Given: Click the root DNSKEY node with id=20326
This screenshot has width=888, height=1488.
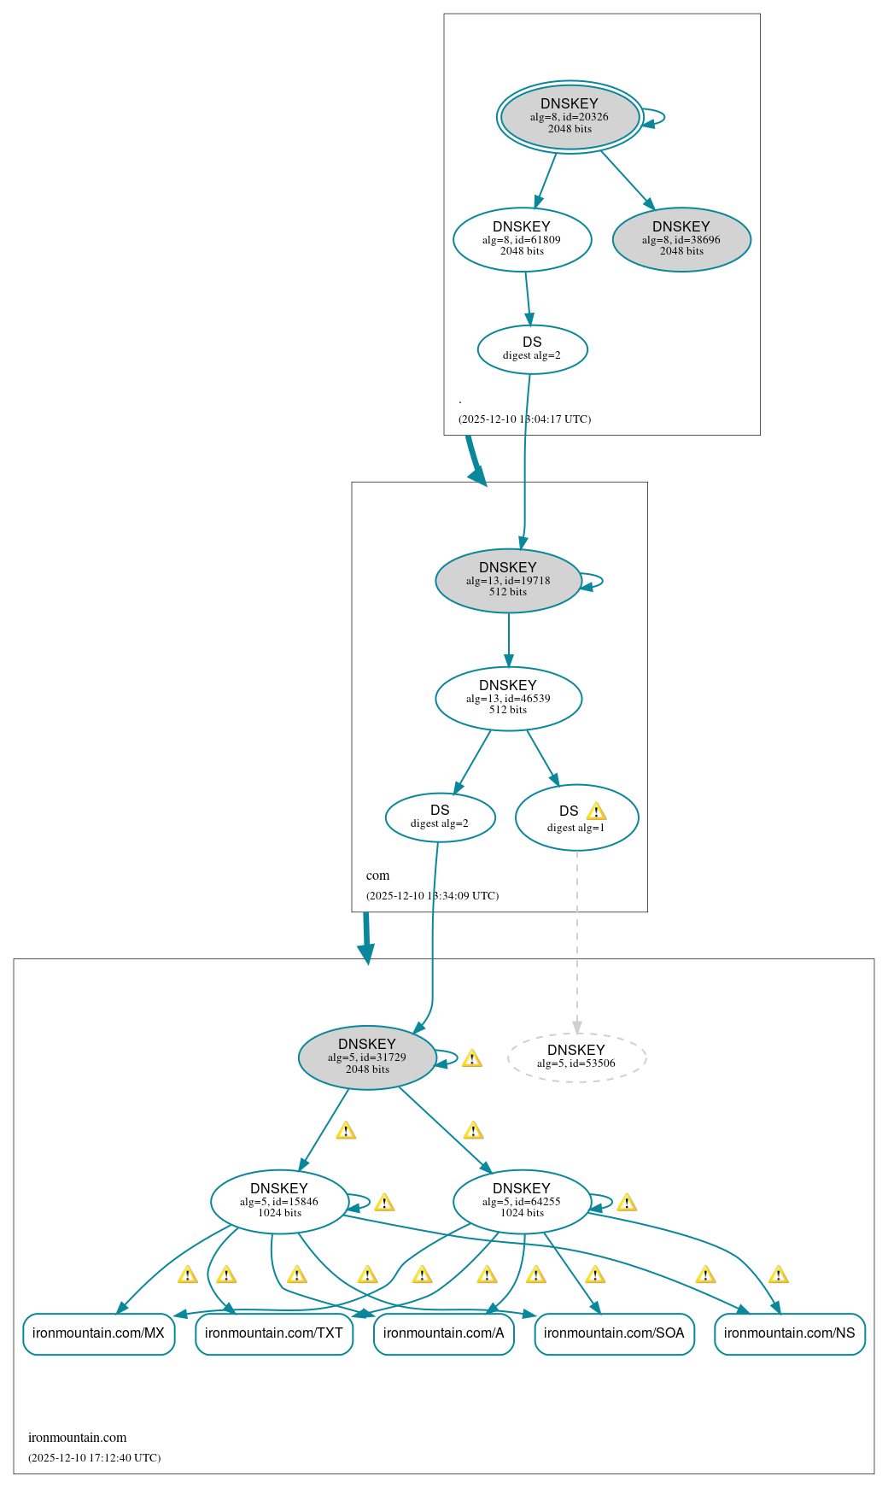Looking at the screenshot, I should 570,117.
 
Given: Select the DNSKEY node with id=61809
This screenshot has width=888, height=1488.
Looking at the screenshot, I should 522,239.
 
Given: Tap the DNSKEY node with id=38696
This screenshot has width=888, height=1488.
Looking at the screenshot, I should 681,239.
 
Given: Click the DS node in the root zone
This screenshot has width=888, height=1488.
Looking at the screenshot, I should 532,349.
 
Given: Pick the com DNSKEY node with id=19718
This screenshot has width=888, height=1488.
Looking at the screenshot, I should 508,580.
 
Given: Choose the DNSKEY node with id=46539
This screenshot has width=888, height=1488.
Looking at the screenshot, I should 508,698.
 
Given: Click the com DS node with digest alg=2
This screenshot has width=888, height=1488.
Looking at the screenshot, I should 440,817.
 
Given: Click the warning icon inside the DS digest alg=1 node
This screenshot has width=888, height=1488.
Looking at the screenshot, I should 596,811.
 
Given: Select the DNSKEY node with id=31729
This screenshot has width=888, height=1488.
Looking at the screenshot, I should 367,1057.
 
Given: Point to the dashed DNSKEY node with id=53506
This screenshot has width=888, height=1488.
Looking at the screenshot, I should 576,1057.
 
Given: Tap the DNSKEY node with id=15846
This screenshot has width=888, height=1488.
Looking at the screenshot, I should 279,1201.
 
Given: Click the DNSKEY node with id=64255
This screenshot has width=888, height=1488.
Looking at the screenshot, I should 522,1201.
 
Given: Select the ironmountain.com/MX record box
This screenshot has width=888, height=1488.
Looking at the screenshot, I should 98,1333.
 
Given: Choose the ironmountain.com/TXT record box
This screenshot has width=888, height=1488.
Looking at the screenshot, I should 274,1333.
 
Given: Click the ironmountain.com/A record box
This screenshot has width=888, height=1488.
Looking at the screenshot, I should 444,1333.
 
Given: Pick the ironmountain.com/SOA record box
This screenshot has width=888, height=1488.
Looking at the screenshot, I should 614,1333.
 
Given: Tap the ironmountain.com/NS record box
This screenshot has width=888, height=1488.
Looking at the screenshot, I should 790,1333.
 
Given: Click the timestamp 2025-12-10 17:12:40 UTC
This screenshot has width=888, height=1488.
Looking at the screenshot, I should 94,1458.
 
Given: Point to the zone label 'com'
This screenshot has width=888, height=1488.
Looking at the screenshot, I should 377,876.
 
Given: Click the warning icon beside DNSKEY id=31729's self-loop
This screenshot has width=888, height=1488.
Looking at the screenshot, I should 472,1059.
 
